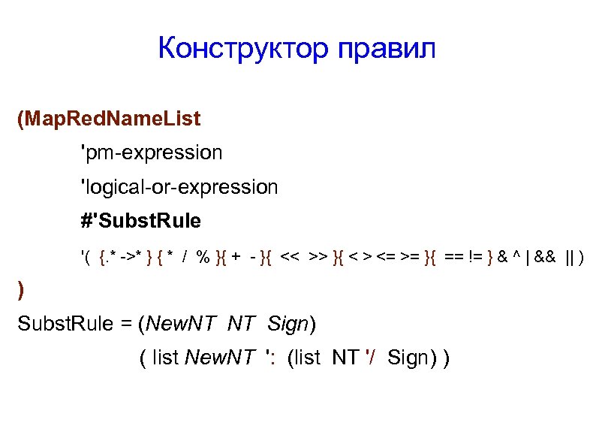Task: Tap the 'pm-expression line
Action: pos(152,153)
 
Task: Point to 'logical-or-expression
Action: pos(179,186)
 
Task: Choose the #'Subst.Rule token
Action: pos(141,221)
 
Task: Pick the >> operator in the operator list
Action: pos(318,258)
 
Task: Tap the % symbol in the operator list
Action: pos(203,258)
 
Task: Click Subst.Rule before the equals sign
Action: pos(60,325)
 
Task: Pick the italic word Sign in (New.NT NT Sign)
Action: pos(287,325)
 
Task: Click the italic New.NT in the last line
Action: pos(218,358)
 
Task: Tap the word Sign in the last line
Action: pos(408,358)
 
